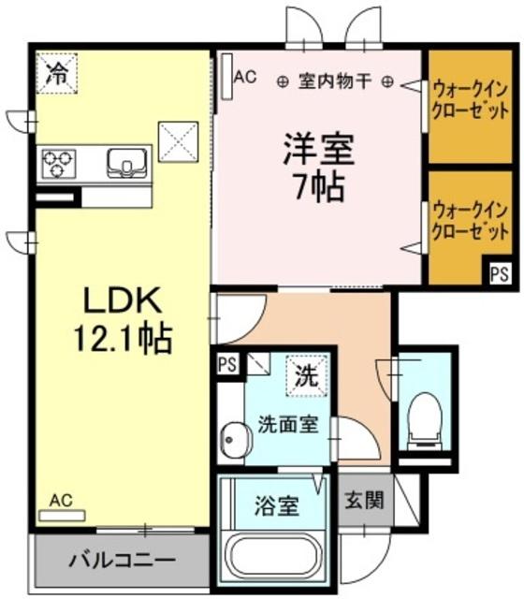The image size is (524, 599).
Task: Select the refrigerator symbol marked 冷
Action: pyautogui.click(x=58, y=73)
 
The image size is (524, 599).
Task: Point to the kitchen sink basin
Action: pyautogui.click(x=125, y=163)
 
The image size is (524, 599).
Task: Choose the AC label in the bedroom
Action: pyautogui.click(x=245, y=78)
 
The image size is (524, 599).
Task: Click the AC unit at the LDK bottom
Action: pyautogui.click(x=61, y=514)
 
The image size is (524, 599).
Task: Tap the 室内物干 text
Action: pyautogui.click(x=334, y=81)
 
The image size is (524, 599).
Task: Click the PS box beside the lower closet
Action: pyautogui.click(x=498, y=274)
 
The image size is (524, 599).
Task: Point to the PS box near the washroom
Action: pyautogui.click(x=226, y=364)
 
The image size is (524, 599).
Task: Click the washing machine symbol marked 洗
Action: pyautogui.click(x=307, y=377)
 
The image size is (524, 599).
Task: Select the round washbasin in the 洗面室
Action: pyautogui.click(x=235, y=439)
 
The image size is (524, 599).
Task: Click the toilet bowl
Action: pyautogui.click(x=427, y=418)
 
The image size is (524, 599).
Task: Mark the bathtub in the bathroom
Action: pyautogui.click(x=276, y=560)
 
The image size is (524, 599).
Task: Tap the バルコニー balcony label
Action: pyautogui.click(x=122, y=562)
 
